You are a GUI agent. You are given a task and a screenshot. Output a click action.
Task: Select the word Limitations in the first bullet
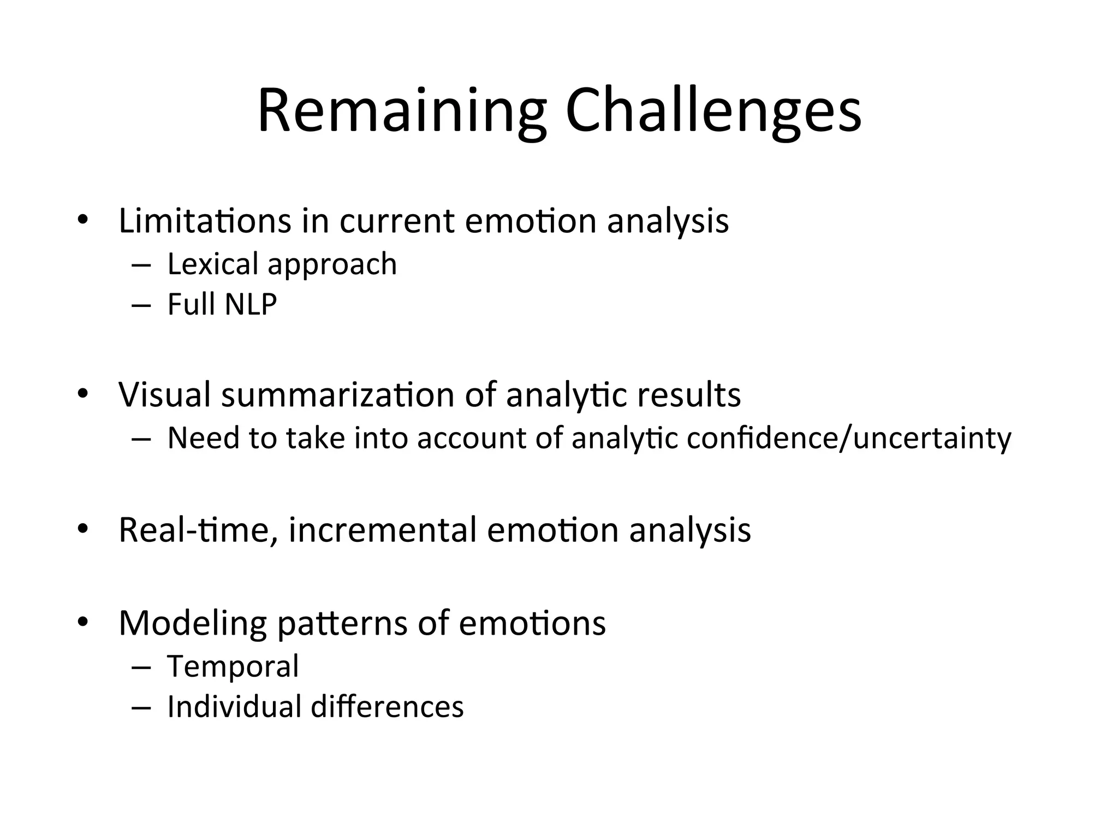pos(205,221)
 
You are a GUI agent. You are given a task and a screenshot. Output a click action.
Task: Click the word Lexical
pos(213,264)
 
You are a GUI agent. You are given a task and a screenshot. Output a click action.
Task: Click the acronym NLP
pos(251,304)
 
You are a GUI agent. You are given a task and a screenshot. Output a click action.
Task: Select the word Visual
pos(164,394)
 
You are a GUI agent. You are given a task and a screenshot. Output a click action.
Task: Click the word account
pos(472,438)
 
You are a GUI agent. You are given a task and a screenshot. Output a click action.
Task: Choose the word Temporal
pos(233,666)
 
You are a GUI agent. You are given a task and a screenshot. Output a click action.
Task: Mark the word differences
pos(387,706)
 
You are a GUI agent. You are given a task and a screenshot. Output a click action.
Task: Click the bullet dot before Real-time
pos(82,529)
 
